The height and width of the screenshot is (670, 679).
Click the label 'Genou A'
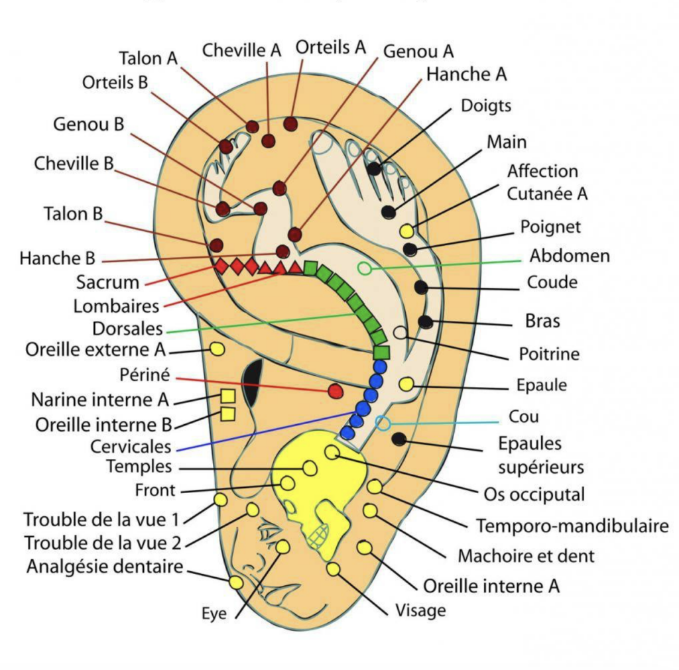click(x=418, y=51)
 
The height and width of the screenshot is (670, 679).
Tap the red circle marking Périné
click(x=336, y=390)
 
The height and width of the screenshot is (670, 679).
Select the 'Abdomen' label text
click(x=569, y=256)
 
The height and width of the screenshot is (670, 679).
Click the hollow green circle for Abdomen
click(x=364, y=268)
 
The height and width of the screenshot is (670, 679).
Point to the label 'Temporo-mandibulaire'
click(x=572, y=526)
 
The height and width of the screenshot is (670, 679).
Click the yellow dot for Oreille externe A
click(x=217, y=349)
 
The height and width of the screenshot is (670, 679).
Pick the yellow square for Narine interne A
click(x=227, y=396)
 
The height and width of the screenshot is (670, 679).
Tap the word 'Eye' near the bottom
click(x=214, y=614)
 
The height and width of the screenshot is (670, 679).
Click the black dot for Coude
click(x=420, y=287)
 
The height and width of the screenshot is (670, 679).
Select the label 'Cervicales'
click(x=131, y=446)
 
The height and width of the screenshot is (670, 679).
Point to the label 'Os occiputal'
click(x=534, y=494)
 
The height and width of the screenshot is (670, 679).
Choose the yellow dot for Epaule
click(x=406, y=384)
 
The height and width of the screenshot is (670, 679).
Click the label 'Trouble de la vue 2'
click(x=103, y=543)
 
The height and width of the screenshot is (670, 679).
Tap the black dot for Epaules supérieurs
click(x=399, y=438)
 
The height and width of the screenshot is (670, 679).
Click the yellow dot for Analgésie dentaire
click(x=235, y=583)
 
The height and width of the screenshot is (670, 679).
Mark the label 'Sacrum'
click(x=107, y=282)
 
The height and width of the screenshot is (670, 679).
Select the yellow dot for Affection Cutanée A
click(x=406, y=231)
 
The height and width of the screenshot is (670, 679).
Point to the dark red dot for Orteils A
click(x=290, y=123)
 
